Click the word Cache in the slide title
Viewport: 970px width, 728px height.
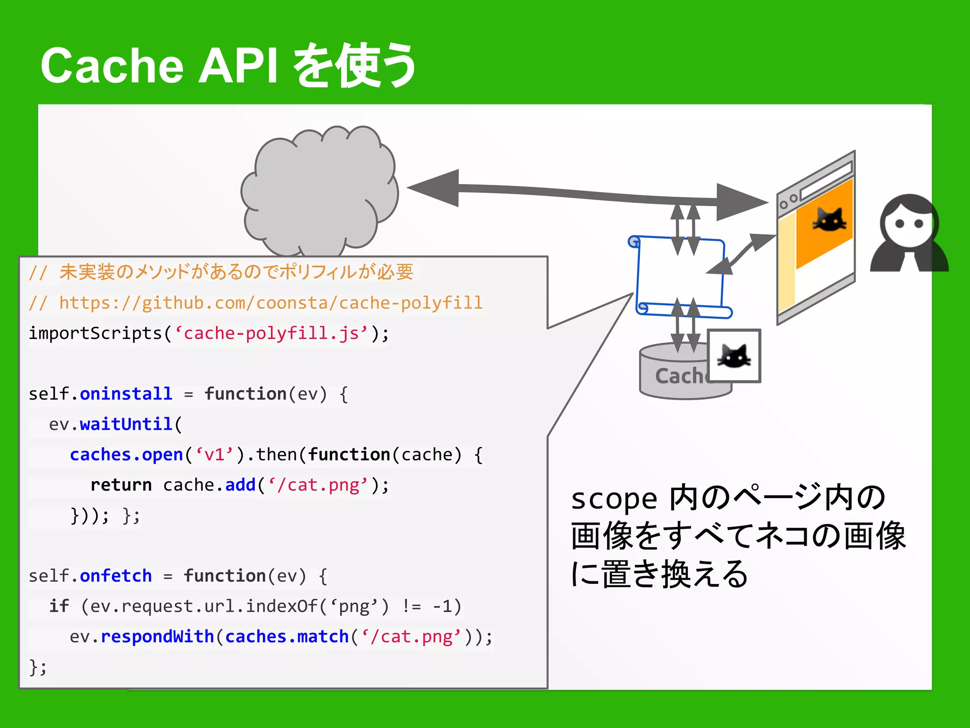click(x=112, y=66)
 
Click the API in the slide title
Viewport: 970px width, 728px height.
click(x=238, y=66)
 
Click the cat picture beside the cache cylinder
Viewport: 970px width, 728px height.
click(x=734, y=356)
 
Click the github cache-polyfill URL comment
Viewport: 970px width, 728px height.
click(x=270, y=303)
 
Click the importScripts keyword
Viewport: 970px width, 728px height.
click(x=95, y=333)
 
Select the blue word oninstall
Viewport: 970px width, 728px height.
click(x=126, y=394)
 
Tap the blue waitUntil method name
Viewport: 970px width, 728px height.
click(x=126, y=424)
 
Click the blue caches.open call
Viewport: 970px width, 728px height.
click(x=126, y=455)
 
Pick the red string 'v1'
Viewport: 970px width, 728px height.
click(x=214, y=455)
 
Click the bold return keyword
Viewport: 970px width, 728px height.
click(x=121, y=485)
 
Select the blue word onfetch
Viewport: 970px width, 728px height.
click(x=116, y=576)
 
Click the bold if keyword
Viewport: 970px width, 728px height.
click(x=59, y=606)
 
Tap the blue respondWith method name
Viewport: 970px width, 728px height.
click(x=157, y=637)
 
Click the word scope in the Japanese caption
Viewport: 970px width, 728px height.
click(x=614, y=499)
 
